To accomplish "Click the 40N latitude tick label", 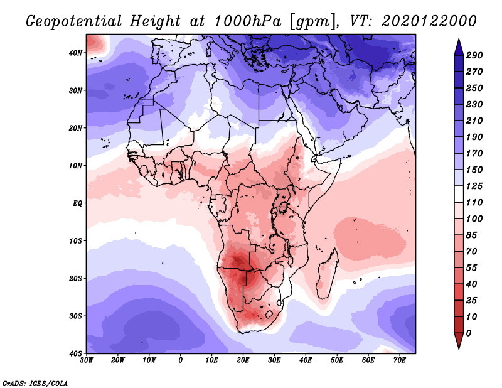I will [x=75, y=53].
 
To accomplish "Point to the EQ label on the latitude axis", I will [x=77, y=203].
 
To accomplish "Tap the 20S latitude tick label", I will [x=75, y=279].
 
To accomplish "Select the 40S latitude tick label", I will [x=75, y=353].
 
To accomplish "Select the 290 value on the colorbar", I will [x=474, y=56].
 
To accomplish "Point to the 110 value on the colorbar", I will [x=474, y=202].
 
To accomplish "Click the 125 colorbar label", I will [x=474, y=186].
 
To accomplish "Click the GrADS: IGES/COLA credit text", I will [x=35, y=382].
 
